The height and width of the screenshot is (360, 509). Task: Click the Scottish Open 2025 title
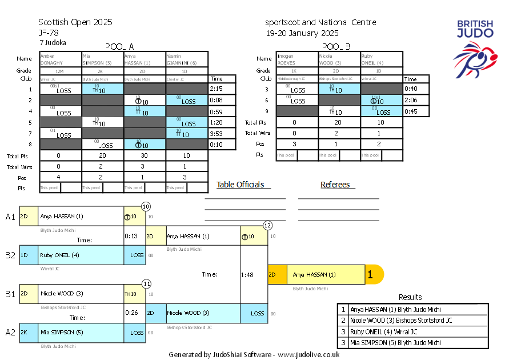coord(75,22)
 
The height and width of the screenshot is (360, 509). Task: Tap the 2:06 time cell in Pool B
coord(411,100)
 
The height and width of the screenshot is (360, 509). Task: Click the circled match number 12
coord(267,226)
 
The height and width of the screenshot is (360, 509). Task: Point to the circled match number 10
coord(146,206)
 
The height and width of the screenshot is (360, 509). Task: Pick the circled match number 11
coord(146,283)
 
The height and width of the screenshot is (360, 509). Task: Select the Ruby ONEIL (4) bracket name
coord(59,255)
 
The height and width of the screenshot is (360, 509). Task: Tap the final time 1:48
coord(246,274)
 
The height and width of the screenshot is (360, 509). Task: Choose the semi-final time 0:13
coord(131,235)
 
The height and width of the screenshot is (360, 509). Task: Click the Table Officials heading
coord(241,185)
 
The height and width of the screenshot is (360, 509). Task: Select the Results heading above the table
coord(410,297)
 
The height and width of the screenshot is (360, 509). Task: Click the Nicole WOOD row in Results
coord(412,321)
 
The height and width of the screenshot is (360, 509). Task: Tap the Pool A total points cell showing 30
coord(144,156)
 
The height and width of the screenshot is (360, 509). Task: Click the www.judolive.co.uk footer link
coord(308,354)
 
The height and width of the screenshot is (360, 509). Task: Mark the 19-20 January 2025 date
coord(302,33)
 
